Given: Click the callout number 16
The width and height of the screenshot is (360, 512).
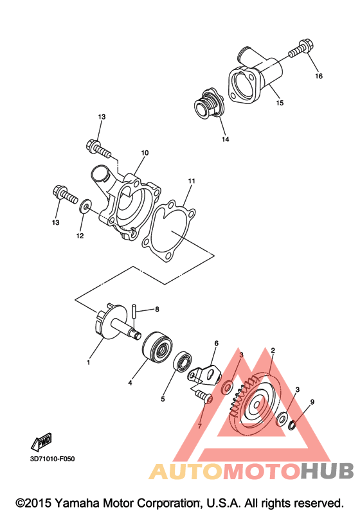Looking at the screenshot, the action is (x=318, y=76).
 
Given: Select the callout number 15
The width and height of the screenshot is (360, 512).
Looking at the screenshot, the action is (x=280, y=103).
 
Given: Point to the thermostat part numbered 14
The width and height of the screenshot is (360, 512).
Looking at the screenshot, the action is (x=208, y=104).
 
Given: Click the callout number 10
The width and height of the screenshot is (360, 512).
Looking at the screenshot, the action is (x=145, y=152).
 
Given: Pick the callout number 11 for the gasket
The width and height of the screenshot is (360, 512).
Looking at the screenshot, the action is (x=192, y=181).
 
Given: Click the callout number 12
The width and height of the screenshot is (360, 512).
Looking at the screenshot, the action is (x=80, y=236).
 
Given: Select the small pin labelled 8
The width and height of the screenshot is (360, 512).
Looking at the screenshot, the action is (x=134, y=312).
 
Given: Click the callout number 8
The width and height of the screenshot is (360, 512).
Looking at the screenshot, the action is (x=157, y=309).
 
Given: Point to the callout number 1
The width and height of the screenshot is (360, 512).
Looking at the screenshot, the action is (x=88, y=362).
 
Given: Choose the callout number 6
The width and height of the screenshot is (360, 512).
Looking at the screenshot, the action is (x=216, y=343).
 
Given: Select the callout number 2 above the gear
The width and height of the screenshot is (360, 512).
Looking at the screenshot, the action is (x=273, y=350).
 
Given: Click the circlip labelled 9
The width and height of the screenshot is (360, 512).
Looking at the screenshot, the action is (x=292, y=425).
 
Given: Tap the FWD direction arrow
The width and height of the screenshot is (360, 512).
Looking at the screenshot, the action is (x=42, y=442).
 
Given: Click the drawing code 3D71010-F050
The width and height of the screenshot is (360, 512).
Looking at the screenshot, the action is (x=52, y=459).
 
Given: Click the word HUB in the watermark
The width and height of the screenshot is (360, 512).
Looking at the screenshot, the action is (x=327, y=471).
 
